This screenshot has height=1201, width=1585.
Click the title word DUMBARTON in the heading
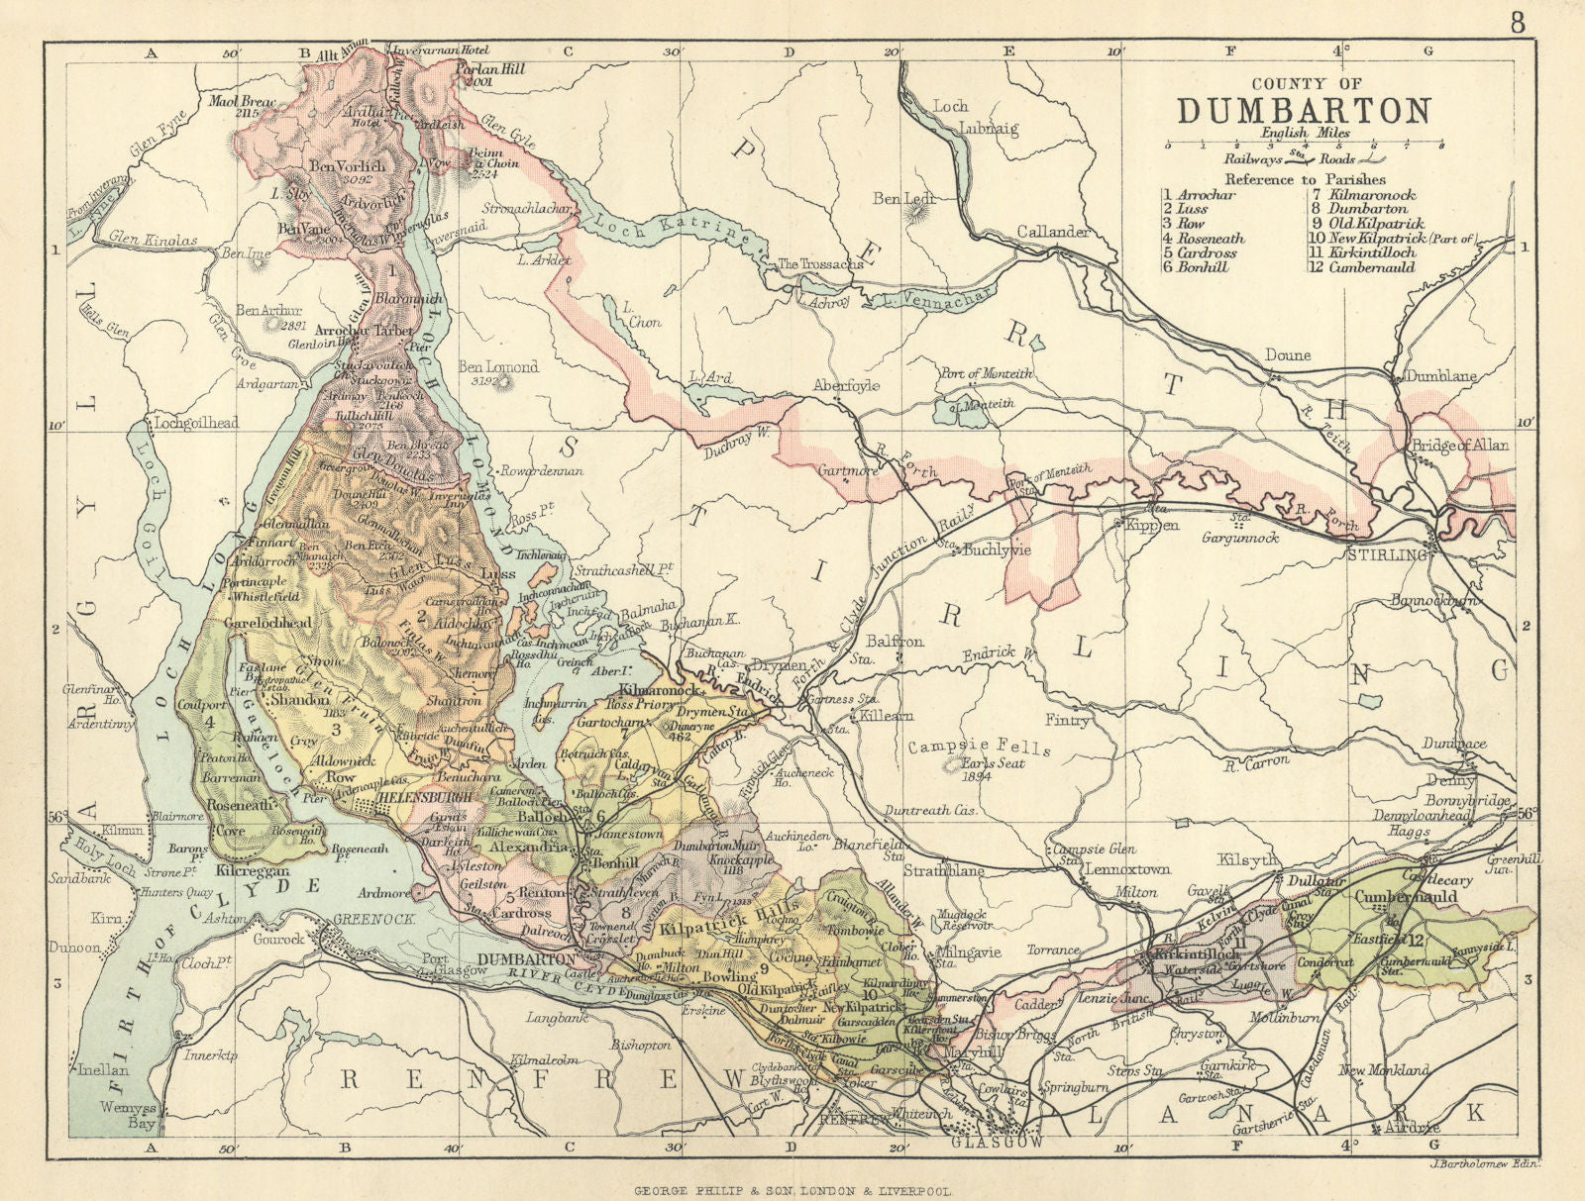click(1305, 110)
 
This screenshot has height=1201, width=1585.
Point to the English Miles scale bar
click(1305, 145)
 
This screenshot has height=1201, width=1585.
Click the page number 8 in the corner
click(1518, 22)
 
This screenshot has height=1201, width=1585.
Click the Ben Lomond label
click(497, 367)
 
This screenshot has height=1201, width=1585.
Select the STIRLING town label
click(1387, 555)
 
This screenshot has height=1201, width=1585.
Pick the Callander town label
click(1054, 232)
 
